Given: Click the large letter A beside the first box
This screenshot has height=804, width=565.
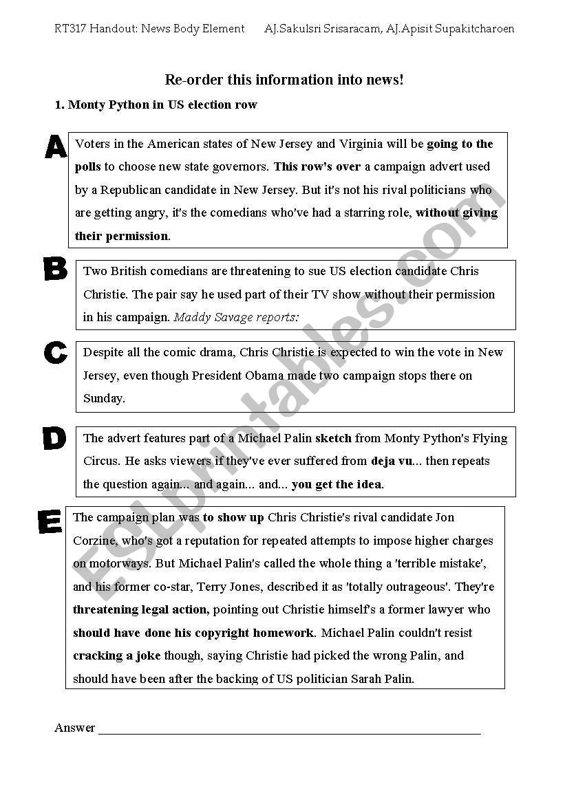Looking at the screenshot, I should pyautogui.click(x=56, y=146).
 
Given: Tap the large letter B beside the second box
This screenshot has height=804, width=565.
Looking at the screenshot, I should pyautogui.click(x=55, y=269).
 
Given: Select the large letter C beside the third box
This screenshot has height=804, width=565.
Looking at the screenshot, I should pyautogui.click(x=55, y=353).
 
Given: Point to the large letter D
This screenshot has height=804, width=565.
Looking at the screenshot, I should pyautogui.click(x=54, y=439).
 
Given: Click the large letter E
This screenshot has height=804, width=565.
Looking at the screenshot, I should pyautogui.click(x=50, y=522).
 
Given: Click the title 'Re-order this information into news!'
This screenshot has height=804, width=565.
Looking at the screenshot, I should pyautogui.click(x=284, y=80).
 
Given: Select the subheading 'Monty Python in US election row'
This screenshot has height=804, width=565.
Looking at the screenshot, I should pyautogui.click(x=162, y=105).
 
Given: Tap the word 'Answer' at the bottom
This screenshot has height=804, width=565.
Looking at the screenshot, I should pyautogui.click(x=74, y=728).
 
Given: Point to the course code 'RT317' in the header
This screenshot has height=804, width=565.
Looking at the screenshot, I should pyautogui.click(x=70, y=29).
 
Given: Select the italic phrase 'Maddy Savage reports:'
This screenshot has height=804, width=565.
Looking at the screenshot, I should pyautogui.click(x=236, y=317).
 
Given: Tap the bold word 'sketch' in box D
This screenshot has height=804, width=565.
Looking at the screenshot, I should pyautogui.click(x=333, y=438).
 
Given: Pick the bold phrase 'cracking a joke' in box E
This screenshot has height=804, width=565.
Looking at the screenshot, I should pyautogui.click(x=116, y=655).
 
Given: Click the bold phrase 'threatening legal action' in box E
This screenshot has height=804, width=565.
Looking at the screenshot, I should pyautogui.click(x=140, y=609).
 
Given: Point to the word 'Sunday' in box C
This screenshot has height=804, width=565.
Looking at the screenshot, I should pyautogui.click(x=103, y=398).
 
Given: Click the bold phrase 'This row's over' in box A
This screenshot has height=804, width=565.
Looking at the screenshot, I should pyautogui.click(x=317, y=166).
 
